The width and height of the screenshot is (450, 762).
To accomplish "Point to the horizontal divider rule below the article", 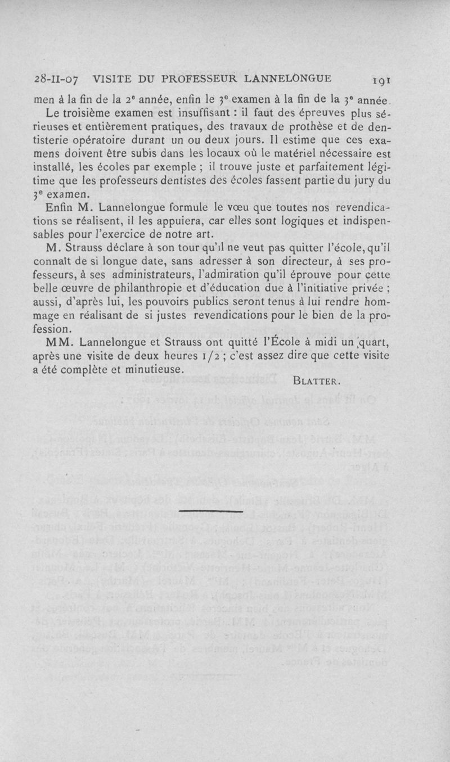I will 210,510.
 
